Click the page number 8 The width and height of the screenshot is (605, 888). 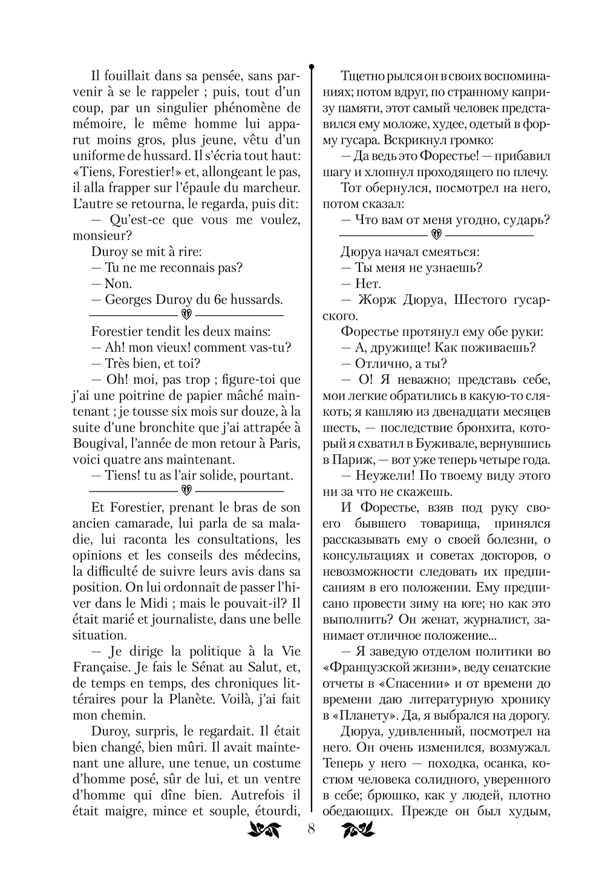(311, 829)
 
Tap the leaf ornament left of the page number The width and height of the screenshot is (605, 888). (264, 830)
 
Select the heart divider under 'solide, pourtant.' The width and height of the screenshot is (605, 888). (186, 490)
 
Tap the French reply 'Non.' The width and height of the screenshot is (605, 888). (118, 284)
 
